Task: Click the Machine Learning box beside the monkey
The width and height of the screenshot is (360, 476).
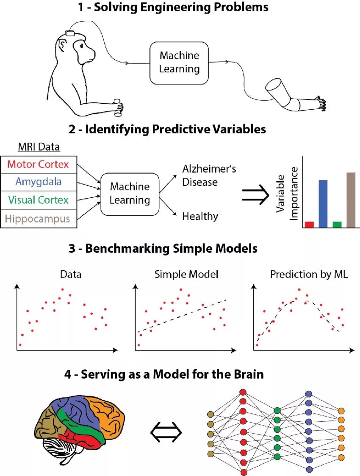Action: (179, 62)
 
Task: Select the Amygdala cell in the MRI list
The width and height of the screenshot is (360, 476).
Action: (39, 182)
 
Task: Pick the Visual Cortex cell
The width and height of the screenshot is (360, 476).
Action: (39, 200)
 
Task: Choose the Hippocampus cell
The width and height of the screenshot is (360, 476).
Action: (39, 219)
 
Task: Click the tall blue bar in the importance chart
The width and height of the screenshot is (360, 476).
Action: (323, 204)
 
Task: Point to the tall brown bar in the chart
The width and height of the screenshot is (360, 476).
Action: (351, 200)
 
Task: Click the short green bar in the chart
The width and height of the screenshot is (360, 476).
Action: (337, 224)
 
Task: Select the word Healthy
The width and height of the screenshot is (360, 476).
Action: (200, 217)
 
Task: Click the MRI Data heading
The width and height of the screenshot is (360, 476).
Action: (39, 147)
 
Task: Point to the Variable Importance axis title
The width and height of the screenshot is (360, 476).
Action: (288, 194)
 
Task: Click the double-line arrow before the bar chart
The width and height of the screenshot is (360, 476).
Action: (256, 194)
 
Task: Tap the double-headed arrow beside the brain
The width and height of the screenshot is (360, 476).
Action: (166, 432)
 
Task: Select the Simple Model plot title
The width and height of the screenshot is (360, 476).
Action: (186, 274)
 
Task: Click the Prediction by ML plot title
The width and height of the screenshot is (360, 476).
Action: (309, 274)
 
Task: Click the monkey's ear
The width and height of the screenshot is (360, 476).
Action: (64, 44)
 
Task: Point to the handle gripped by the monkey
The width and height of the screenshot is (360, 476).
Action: (118, 108)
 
